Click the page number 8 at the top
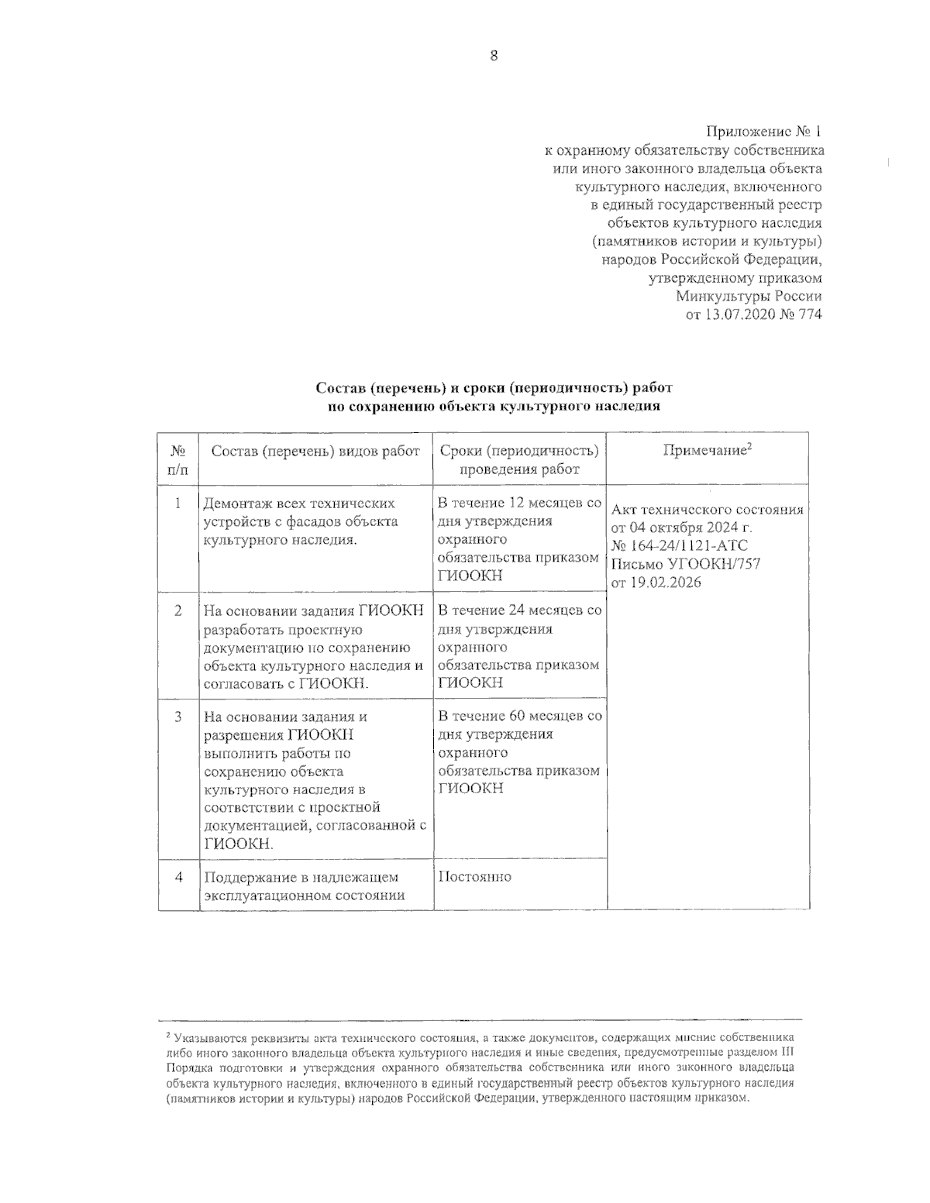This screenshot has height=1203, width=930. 494,55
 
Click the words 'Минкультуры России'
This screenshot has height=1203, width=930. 749,296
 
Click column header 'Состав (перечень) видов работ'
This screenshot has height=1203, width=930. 315,452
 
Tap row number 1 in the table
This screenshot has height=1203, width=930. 177,504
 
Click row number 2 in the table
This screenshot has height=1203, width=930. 177,611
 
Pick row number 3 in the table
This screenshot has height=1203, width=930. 177,717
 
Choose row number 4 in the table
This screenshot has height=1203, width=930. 178,878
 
